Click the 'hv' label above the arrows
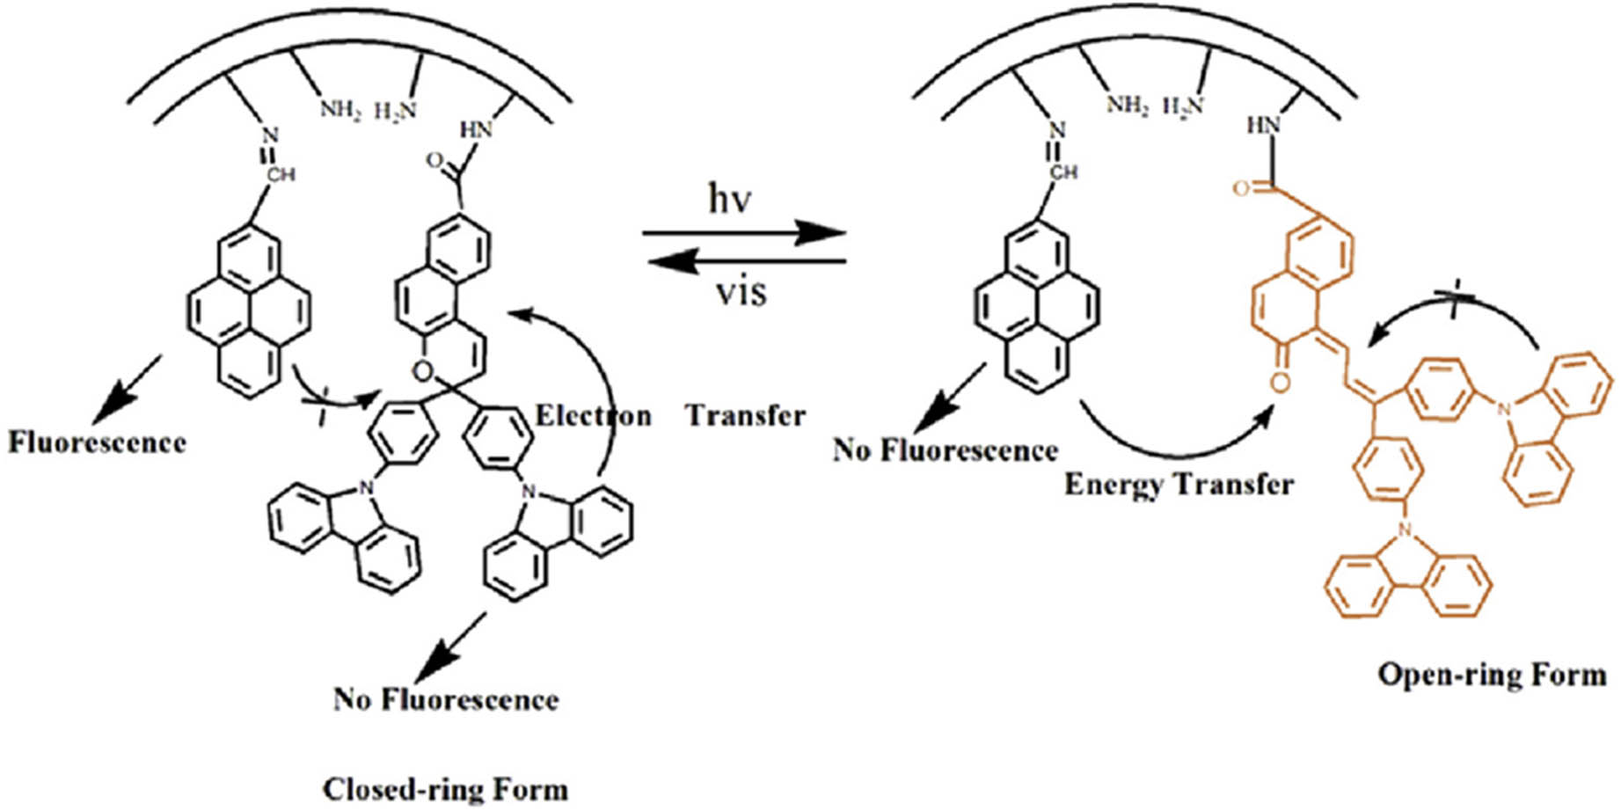click(730, 201)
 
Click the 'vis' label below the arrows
click(741, 291)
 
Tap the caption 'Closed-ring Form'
click(445, 788)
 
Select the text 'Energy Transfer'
click(1179, 485)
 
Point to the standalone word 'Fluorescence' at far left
click(97, 442)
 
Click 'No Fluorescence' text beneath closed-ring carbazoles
click(445, 699)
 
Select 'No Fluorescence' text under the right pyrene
click(945, 450)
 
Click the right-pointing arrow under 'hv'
click(744, 233)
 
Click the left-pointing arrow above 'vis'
click(744, 261)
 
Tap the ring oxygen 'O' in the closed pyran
click(423, 372)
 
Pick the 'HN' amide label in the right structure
click(1263, 126)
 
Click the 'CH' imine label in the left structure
click(281, 175)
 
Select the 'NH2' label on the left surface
click(340, 110)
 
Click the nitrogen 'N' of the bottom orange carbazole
click(1405, 530)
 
